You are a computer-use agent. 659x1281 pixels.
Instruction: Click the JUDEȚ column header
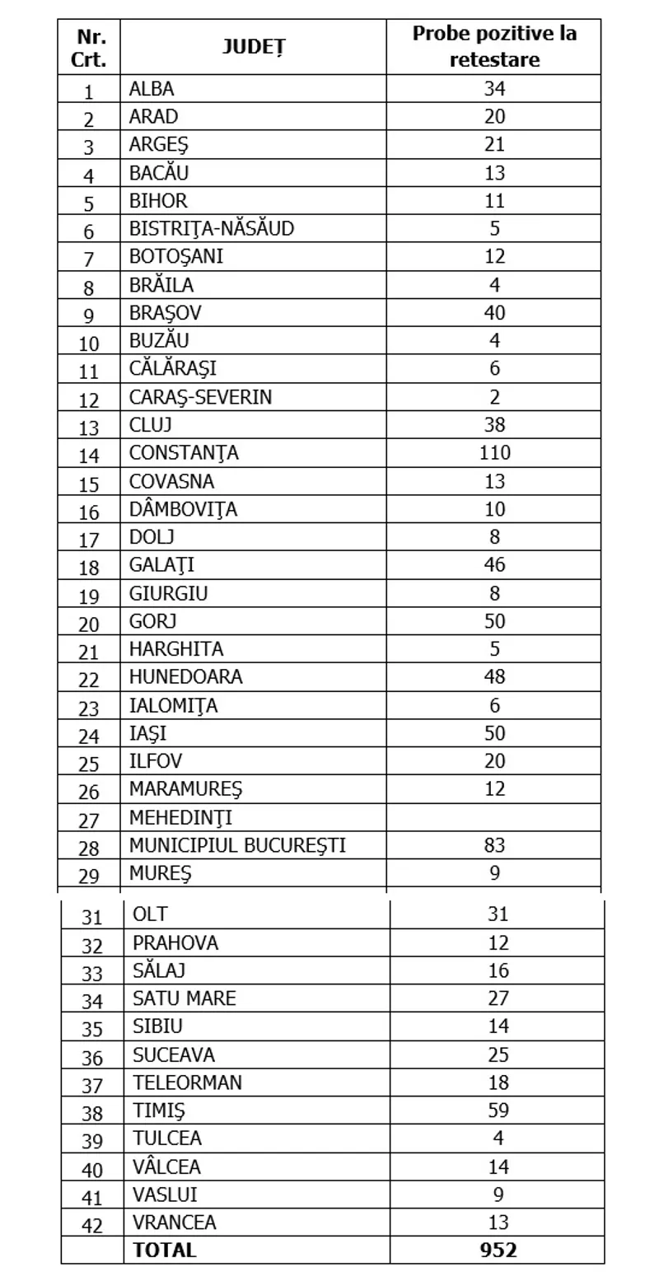coord(253,48)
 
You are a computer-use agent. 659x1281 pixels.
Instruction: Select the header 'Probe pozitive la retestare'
coord(494,47)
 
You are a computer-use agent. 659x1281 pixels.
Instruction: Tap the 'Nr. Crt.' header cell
coord(89,48)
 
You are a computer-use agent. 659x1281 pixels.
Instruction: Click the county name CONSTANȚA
coord(184,453)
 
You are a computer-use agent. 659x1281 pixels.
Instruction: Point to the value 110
coord(494,453)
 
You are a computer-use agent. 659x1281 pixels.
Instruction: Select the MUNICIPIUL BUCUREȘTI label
coord(237,846)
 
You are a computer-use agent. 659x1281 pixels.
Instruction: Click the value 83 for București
coord(494,846)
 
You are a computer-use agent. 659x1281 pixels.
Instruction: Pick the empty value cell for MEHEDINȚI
coord(494,818)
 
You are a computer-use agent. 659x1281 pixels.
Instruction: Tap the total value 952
coord(498,1250)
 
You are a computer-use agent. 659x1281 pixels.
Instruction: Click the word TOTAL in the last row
coord(165,1250)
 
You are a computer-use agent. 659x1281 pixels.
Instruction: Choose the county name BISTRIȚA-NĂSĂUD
coord(211,229)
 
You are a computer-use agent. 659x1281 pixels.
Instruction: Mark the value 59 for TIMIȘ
coord(498,1110)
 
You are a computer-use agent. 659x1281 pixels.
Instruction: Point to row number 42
coord(92,1225)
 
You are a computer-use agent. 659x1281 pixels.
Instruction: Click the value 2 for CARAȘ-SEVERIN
coord(494,397)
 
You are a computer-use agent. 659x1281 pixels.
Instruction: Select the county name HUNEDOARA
coord(185,677)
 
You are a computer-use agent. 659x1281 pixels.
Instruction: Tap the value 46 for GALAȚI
coord(494,565)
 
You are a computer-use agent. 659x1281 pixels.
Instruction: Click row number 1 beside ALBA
coord(89,91)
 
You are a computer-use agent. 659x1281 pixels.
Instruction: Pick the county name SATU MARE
coord(184,998)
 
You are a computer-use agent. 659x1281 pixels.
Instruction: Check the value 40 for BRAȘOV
coord(494,313)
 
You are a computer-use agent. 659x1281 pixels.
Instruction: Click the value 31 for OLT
coord(498,914)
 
